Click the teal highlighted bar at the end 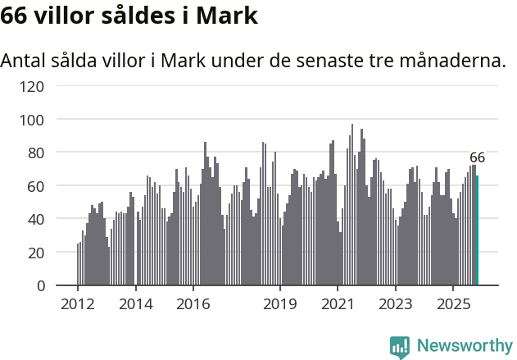click(478, 230)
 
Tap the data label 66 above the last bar click(478, 157)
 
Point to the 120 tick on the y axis click(34, 86)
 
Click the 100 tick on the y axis click(34, 120)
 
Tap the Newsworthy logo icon click(400, 346)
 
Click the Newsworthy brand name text click(464, 346)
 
